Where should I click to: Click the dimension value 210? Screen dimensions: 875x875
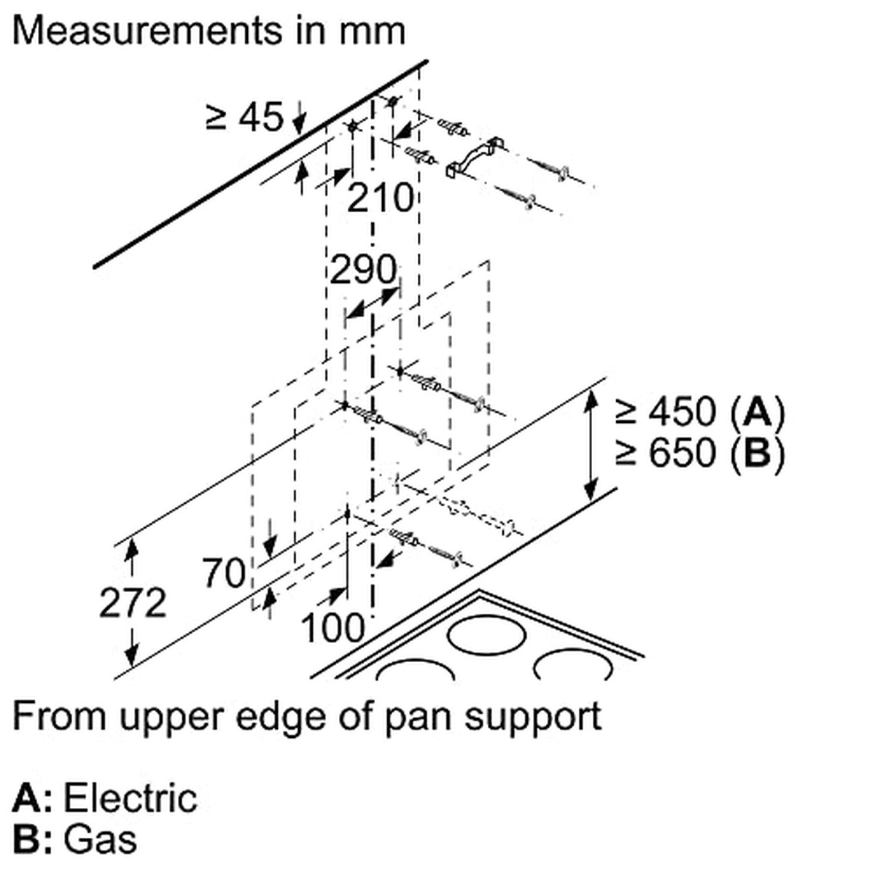(380, 198)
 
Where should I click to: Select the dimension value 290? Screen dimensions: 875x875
(363, 271)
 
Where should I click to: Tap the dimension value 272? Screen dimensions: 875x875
(133, 603)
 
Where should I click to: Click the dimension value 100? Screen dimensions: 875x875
(332, 627)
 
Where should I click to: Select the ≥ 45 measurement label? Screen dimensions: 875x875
(245, 117)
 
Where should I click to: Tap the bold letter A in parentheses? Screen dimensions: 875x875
(758, 412)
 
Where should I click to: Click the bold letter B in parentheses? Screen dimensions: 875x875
(758, 453)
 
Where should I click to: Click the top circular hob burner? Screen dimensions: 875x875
(486, 634)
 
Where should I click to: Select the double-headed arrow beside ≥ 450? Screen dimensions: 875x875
(591, 446)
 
